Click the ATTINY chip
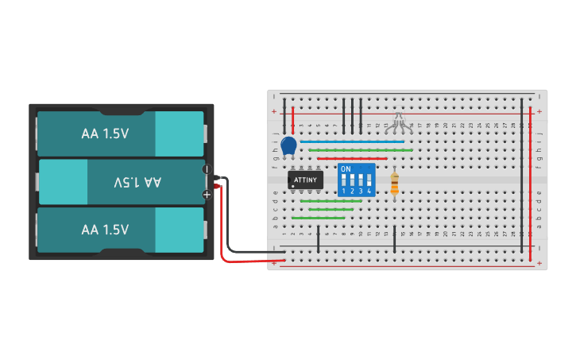click(305, 180)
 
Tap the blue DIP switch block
click(357, 180)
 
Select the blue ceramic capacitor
click(288, 146)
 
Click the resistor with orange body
click(395, 185)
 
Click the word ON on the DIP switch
click(346, 169)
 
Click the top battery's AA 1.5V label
click(105, 134)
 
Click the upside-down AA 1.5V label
click(137, 182)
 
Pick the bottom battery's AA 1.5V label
click(105, 230)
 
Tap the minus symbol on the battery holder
click(207, 169)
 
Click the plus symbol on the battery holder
click(207, 194)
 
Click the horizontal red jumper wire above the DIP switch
click(352, 158)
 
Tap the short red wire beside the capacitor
click(293, 118)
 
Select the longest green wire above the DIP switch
click(361, 149)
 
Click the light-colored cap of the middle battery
click(64, 182)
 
